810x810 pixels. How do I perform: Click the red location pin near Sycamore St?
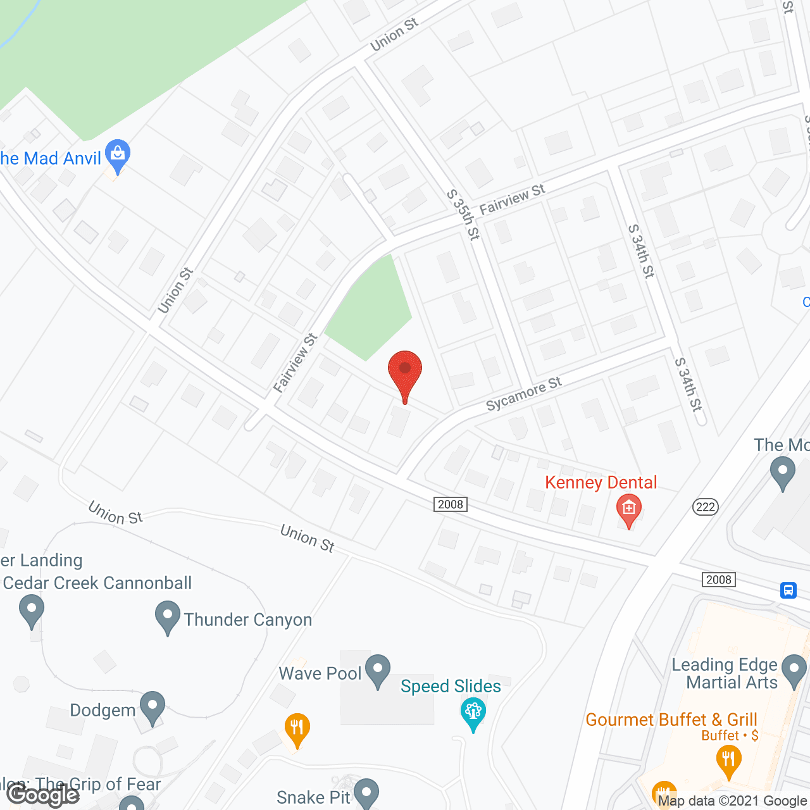(x=405, y=373)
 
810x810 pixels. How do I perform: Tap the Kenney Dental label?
(x=601, y=482)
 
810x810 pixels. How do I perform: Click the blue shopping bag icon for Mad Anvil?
(x=118, y=154)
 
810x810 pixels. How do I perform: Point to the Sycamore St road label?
(x=524, y=394)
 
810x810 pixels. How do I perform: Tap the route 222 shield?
(x=705, y=506)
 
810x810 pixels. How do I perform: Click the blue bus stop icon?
(x=788, y=590)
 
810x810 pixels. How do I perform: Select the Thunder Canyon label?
(x=248, y=620)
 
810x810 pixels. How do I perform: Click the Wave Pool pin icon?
(x=378, y=670)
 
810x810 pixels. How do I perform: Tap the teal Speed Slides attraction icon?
(x=473, y=713)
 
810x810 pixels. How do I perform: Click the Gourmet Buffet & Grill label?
(x=671, y=720)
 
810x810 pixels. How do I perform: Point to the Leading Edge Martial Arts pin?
(x=794, y=671)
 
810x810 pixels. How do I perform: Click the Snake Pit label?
(x=313, y=797)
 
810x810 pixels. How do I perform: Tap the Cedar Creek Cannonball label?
(x=97, y=583)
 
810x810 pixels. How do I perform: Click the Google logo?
(x=43, y=794)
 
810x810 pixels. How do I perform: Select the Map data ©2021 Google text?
(x=732, y=801)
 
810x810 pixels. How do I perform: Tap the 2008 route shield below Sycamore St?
(x=451, y=504)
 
